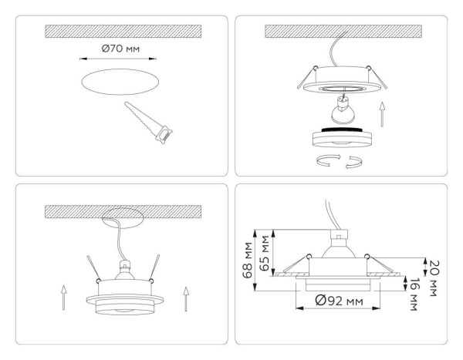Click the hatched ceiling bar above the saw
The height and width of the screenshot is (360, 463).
tap(123, 32)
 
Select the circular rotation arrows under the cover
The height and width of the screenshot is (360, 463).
tap(334, 160)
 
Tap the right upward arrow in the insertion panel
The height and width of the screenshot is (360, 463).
tap(185, 299)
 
